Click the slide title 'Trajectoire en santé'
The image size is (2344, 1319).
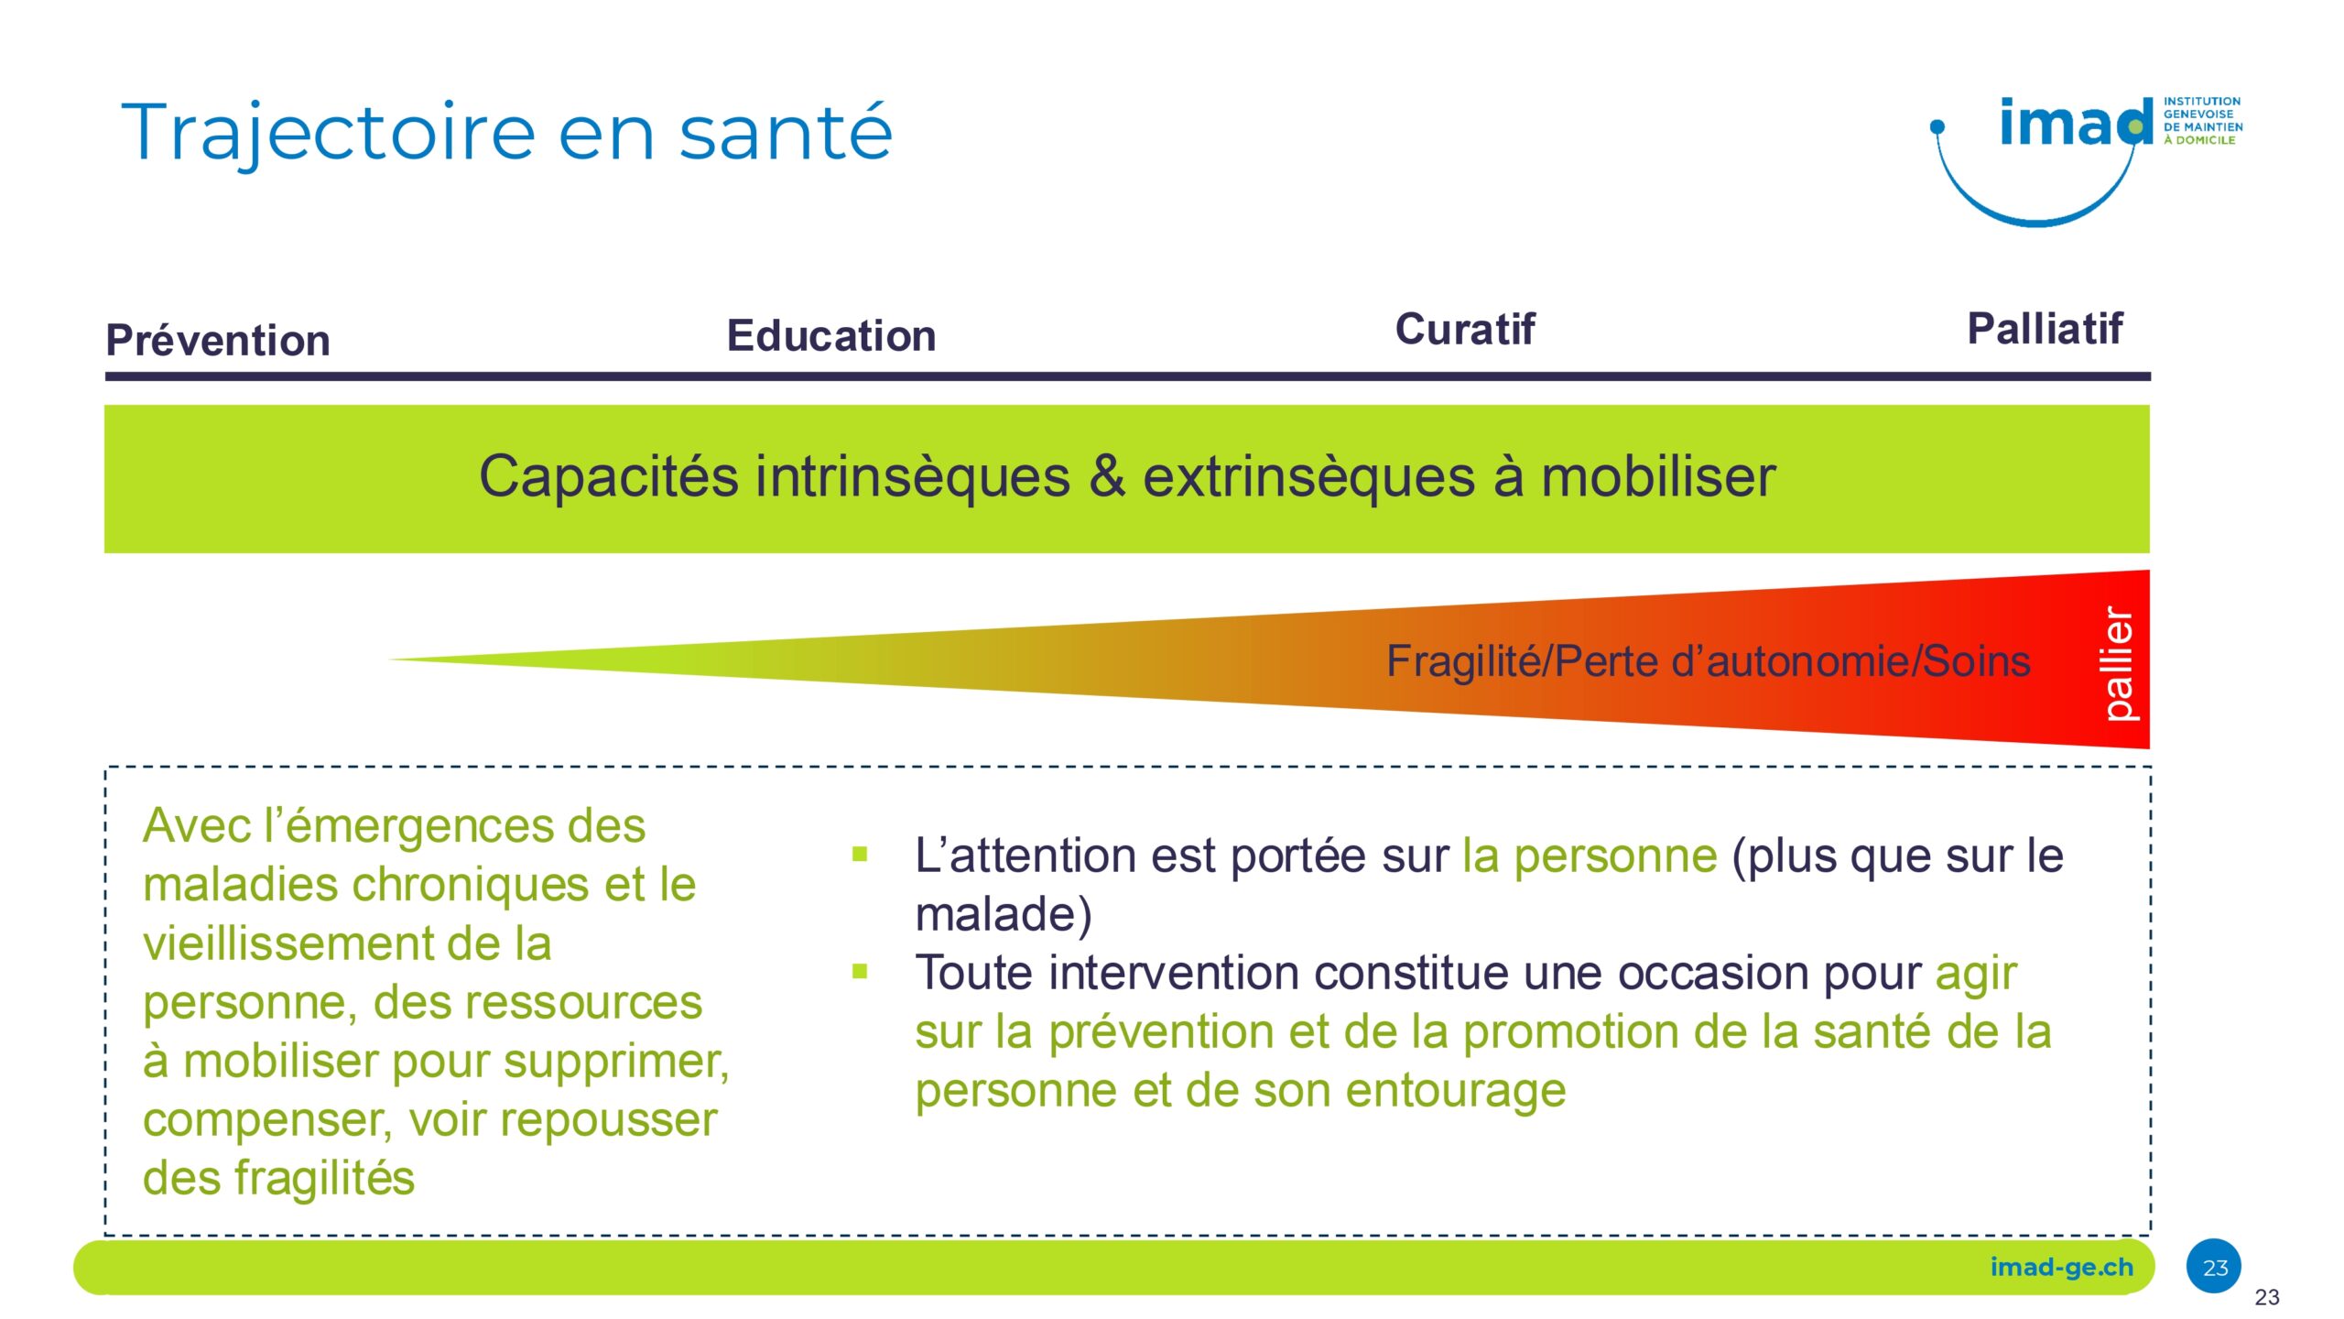pos(506,133)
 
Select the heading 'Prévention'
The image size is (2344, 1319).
pos(218,341)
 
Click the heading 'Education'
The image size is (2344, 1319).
pos(831,335)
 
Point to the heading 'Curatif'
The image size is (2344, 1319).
pos(1465,329)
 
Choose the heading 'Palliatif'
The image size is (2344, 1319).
pos(2045,328)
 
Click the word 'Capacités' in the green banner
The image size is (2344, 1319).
pos(609,476)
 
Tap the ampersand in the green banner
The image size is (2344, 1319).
pos(1107,475)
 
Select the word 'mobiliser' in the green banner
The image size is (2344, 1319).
pos(1658,475)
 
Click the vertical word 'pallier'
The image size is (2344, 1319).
pos(2118,663)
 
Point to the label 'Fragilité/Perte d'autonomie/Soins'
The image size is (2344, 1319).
pos(1709,661)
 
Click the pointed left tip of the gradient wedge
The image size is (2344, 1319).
pos(388,659)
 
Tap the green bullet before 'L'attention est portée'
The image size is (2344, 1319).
pos(860,855)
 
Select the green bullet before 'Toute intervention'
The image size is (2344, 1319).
pos(860,971)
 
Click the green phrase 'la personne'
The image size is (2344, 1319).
pos(1590,856)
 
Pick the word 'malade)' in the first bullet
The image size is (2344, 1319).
pos(1004,915)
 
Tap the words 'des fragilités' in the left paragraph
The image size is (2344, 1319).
pos(279,1178)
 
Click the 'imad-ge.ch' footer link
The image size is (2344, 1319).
pos(2061,1268)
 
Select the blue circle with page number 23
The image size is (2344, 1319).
pos(2214,1267)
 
